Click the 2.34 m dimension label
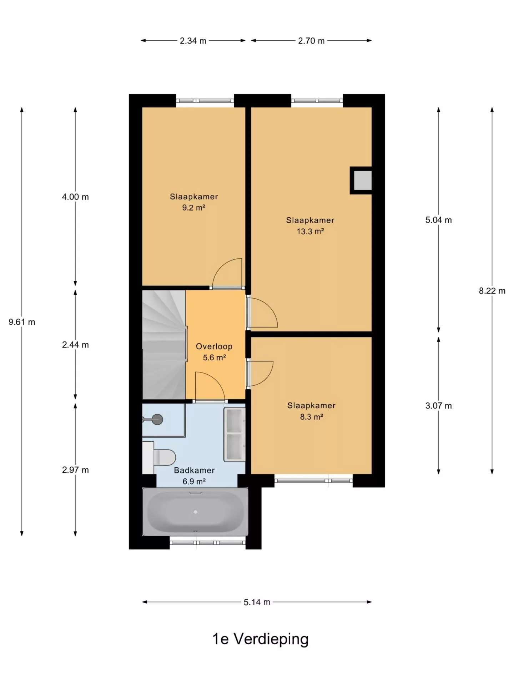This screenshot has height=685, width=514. click(193, 41)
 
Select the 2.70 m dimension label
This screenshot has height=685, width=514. click(311, 41)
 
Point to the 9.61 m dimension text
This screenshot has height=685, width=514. click(22, 322)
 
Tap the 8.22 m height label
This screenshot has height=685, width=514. click(492, 291)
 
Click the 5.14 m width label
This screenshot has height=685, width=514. click(257, 602)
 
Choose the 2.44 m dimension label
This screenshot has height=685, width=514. click(75, 345)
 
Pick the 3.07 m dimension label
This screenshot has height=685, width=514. click(438, 406)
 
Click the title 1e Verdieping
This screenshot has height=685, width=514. click(260, 639)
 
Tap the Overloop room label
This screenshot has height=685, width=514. click(214, 346)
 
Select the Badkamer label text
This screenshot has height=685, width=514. click(194, 470)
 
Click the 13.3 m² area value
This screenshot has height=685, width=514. click(310, 231)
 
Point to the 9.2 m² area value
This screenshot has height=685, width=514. click(193, 207)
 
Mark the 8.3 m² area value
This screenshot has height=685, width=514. click(311, 416)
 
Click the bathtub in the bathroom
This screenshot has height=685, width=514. click(195, 512)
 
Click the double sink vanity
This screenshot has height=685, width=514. click(234, 434)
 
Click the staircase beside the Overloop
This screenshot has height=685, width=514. click(164, 345)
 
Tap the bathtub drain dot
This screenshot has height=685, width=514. click(195, 512)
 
